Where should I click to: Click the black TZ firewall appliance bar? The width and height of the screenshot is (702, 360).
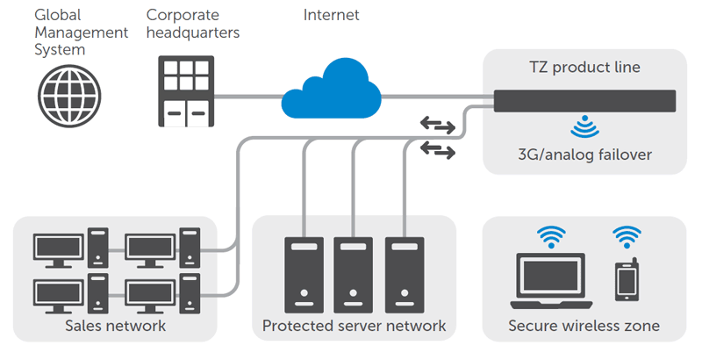click(x=584, y=100)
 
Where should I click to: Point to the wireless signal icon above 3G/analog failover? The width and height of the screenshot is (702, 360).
click(x=584, y=128)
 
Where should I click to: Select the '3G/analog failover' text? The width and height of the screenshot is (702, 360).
click(x=584, y=155)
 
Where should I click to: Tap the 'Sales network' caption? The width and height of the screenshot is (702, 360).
click(x=115, y=327)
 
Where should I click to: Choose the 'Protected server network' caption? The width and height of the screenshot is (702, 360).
click(x=354, y=327)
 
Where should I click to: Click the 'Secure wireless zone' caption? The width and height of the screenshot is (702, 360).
click(x=584, y=327)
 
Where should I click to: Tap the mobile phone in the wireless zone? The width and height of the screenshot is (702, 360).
click(x=627, y=279)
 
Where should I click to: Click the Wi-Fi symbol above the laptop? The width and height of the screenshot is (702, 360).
click(x=551, y=235)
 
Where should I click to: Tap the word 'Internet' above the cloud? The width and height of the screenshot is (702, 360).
click(x=331, y=15)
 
